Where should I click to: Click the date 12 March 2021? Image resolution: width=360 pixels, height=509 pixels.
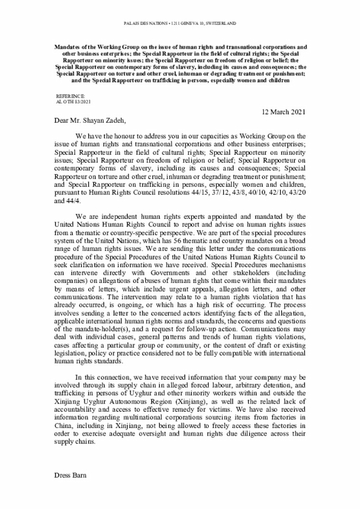tap(283, 111)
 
